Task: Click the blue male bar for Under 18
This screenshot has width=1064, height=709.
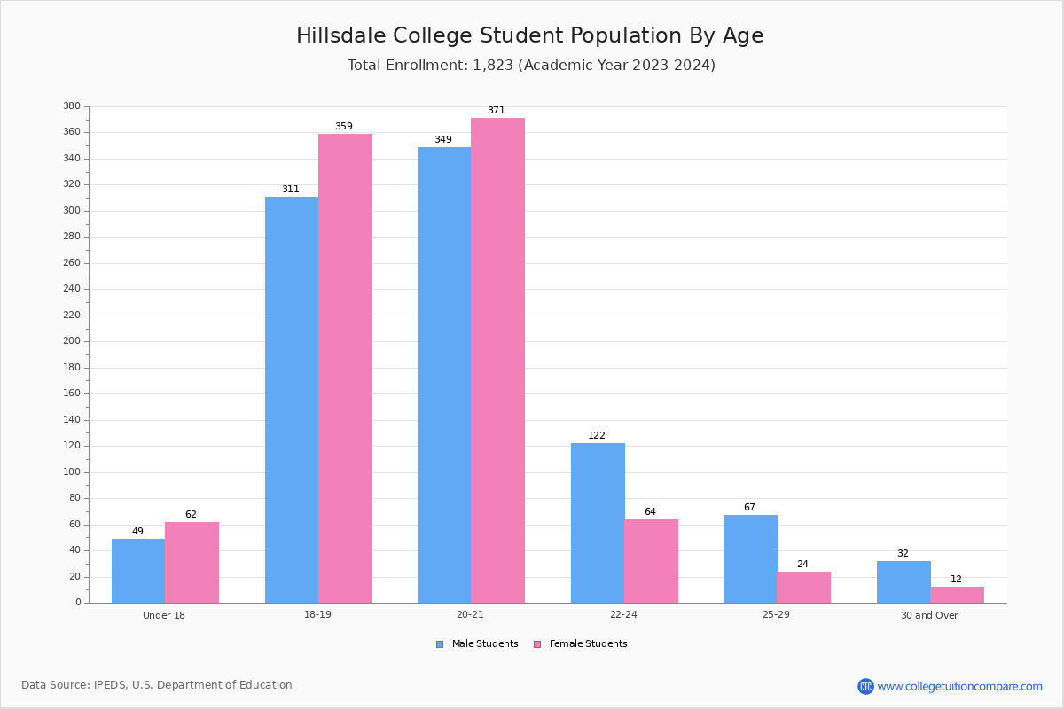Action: click(138, 571)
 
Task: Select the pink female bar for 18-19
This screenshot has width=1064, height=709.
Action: click(345, 368)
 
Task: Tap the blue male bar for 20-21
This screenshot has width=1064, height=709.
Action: click(444, 375)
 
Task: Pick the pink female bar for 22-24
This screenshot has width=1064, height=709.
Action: click(651, 561)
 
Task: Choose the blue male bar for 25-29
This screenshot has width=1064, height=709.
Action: click(750, 558)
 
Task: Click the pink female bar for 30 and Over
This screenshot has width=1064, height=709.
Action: click(957, 595)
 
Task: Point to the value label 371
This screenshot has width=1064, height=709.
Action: click(496, 111)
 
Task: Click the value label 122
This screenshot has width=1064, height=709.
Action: click(597, 436)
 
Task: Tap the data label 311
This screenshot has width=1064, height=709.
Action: click(291, 190)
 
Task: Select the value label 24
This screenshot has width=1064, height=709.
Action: click(802, 565)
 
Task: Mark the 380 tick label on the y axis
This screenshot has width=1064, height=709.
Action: click(72, 106)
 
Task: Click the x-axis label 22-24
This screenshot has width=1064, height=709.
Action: click(623, 615)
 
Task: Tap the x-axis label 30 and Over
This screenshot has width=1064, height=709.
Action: click(929, 615)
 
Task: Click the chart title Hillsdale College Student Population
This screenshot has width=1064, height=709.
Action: click(529, 35)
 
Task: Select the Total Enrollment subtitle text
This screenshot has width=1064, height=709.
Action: click(531, 66)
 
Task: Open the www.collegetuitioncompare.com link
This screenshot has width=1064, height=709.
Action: click(959, 686)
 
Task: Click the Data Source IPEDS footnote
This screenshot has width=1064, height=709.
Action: click(157, 685)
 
